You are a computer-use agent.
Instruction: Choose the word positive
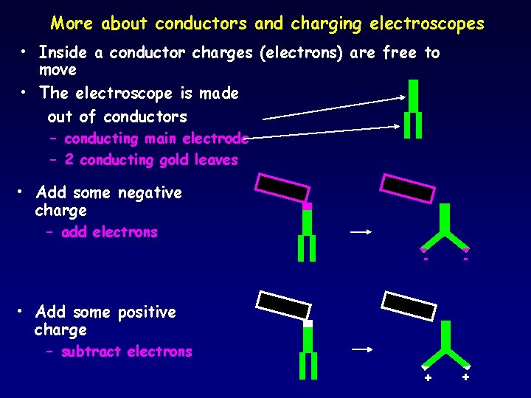click(x=146, y=313)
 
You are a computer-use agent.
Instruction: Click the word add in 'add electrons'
click(x=74, y=232)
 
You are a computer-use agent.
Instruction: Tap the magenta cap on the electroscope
click(x=308, y=206)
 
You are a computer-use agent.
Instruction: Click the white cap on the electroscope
click(x=308, y=324)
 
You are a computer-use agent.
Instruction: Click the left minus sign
click(x=426, y=259)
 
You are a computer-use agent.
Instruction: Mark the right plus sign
click(x=465, y=377)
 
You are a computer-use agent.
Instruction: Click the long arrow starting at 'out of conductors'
click(x=334, y=108)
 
